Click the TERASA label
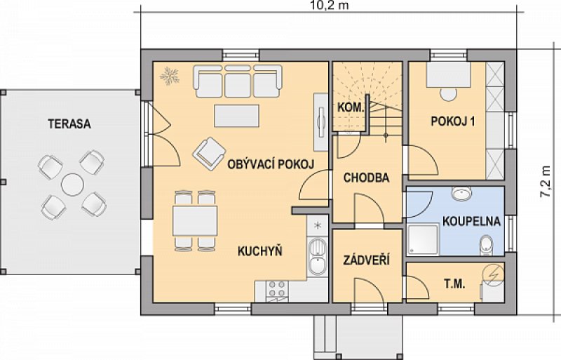(x=69, y=124)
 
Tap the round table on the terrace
(x=72, y=185)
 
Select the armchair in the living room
(x=209, y=154)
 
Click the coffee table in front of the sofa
(x=236, y=115)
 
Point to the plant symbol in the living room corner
(x=169, y=76)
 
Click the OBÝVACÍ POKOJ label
(x=271, y=164)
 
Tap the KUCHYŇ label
(x=260, y=251)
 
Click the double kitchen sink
(x=318, y=257)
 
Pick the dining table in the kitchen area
(x=195, y=220)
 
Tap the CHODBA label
(x=366, y=178)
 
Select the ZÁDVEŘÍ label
(x=366, y=260)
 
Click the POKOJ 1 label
(x=453, y=121)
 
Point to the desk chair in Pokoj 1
(x=448, y=94)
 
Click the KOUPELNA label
(x=471, y=221)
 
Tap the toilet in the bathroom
(x=486, y=245)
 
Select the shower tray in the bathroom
(x=423, y=239)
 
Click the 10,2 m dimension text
(x=329, y=6)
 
